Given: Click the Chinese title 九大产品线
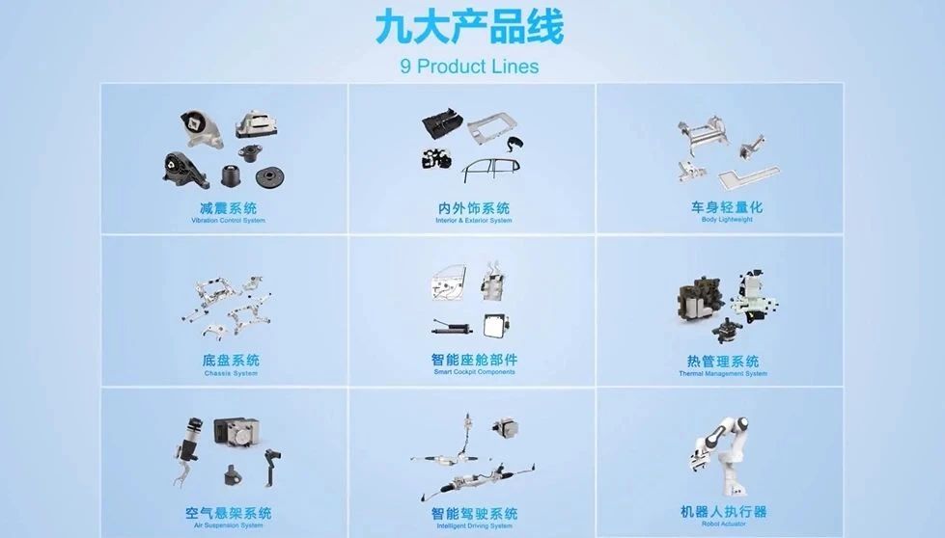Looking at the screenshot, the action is click(469, 27).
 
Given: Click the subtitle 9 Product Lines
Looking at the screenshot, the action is click(469, 67).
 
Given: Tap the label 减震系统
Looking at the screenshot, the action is click(229, 208).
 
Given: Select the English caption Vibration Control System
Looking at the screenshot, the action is click(229, 221).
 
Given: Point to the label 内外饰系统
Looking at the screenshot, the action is click(474, 208).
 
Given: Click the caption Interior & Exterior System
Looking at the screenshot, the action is click(474, 221).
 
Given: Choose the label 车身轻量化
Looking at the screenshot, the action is click(727, 207).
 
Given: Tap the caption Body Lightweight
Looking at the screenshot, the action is click(727, 220).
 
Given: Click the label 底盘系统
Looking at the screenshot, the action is click(231, 361).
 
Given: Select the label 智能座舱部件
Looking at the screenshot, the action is click(474, 360).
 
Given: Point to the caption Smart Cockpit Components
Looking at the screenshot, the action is click(474, 372).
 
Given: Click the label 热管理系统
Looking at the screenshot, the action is click(723, 361).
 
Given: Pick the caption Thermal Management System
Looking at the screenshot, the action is click(723, 374).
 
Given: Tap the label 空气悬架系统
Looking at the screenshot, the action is click(229, 513).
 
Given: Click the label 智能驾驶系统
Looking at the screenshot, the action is click(474, 513).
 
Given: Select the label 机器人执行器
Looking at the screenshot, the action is click(724, 512).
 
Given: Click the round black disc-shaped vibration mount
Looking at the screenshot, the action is click(269, 177).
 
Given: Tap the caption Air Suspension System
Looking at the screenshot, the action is click(229, 526).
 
